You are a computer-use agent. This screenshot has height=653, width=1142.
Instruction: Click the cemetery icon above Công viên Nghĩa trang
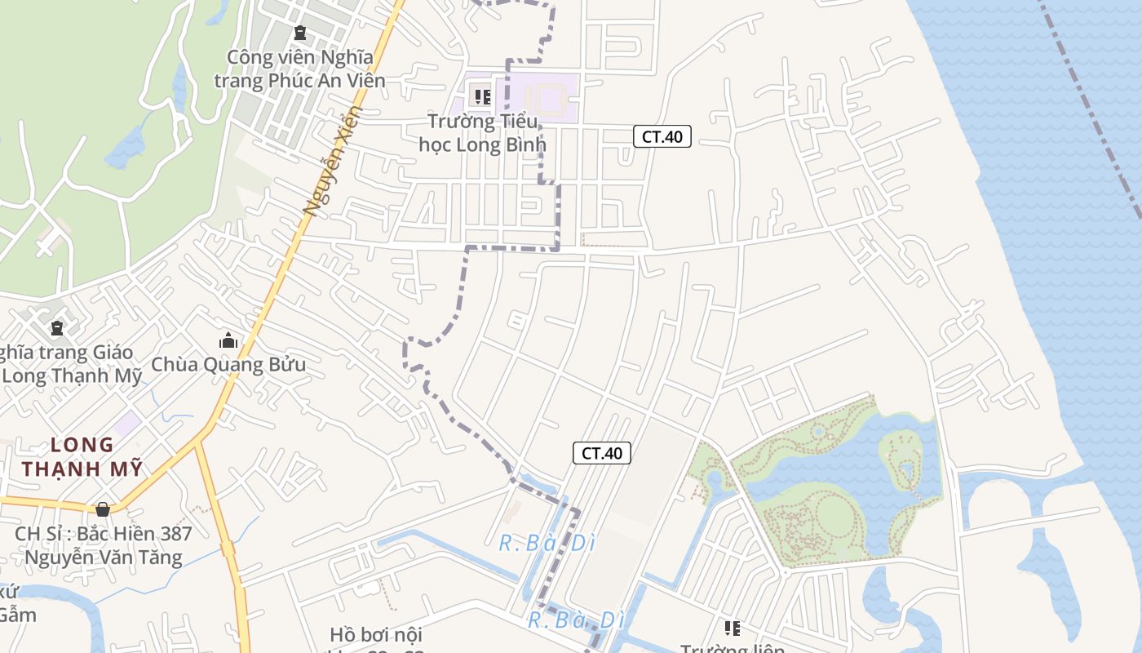(299, 33)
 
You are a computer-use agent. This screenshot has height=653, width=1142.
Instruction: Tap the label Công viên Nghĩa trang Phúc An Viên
(299, 69)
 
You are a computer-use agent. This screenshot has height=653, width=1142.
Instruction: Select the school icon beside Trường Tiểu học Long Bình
(482, 97)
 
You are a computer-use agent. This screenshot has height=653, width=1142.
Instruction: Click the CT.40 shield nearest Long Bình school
(662, 136)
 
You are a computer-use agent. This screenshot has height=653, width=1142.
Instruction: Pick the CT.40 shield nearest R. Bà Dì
(602, 453)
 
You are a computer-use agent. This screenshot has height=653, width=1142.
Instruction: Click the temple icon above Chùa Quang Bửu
(228, 340)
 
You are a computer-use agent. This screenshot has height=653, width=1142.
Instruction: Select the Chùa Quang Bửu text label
(228, 364)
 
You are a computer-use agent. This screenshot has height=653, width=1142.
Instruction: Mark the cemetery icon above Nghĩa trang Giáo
(57, 328)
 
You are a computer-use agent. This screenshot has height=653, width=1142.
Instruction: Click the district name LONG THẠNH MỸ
(82, 457)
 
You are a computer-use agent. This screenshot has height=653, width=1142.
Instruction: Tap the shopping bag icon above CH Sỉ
(103, 509)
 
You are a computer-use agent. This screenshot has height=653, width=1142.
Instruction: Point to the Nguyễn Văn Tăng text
(104, 558)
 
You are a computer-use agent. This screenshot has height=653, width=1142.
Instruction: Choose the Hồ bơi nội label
(376, 634)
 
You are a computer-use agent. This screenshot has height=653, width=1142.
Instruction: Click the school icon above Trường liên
(732, 628)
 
